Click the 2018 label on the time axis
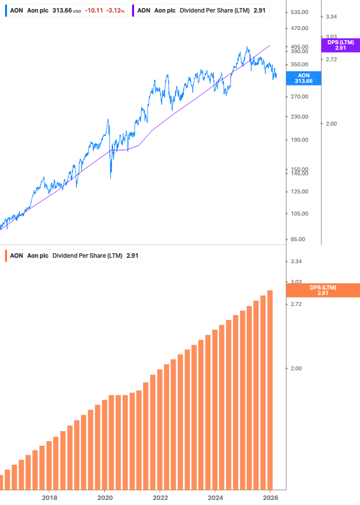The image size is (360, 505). [49, 497]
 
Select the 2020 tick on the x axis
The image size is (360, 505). [105, 497]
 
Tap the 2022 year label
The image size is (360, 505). [160, 497]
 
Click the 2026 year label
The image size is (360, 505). [270, 497]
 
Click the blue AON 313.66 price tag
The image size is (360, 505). [303, 78]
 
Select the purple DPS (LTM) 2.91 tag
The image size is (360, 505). [340, 45]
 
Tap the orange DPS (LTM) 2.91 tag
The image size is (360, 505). [323, 290]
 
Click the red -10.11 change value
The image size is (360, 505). [94, 10]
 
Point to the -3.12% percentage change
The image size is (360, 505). [115, 10]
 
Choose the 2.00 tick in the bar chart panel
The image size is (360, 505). [296, 368]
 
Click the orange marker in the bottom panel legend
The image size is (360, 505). [6, 256]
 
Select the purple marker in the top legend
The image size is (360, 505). [133, 10]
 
